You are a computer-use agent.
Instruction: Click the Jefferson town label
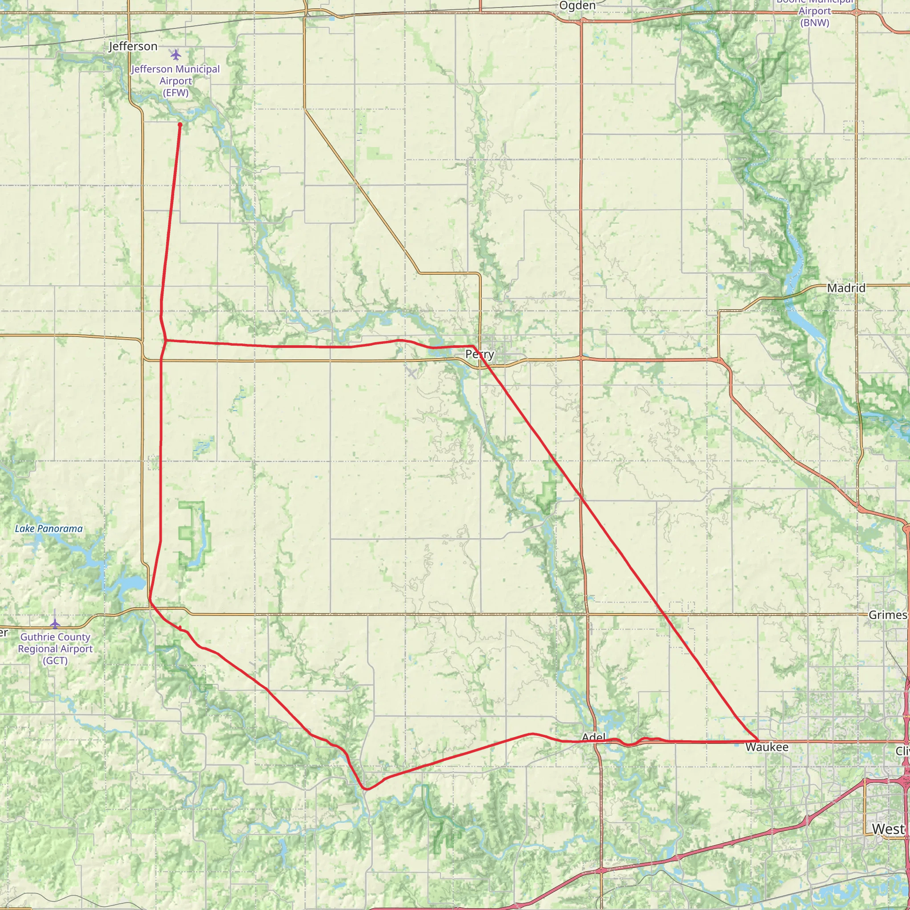(133, 46)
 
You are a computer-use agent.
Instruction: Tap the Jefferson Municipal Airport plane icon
(176, 55)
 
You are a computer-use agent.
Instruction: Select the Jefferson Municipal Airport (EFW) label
(176, 80)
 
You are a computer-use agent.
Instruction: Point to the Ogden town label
(578, 6)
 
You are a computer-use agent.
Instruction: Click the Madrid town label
(846, 288)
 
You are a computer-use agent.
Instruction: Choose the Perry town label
(479, 354)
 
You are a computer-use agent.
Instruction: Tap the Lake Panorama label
(48, 528)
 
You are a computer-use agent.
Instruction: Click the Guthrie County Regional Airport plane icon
(55, 624)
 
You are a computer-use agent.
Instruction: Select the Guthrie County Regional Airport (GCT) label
(55, 649)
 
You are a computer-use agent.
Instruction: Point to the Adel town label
(594, 737)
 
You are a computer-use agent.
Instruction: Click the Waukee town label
(767, 747)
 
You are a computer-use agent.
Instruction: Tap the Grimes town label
(887, 615)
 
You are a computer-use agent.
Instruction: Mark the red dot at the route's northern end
(180, 124)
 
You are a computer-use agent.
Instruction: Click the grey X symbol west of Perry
(411, 374)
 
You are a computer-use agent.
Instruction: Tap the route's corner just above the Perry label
(473, 346)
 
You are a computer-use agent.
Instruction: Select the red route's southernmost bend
(367, 789)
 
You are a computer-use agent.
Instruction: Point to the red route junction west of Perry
(166, 340)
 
